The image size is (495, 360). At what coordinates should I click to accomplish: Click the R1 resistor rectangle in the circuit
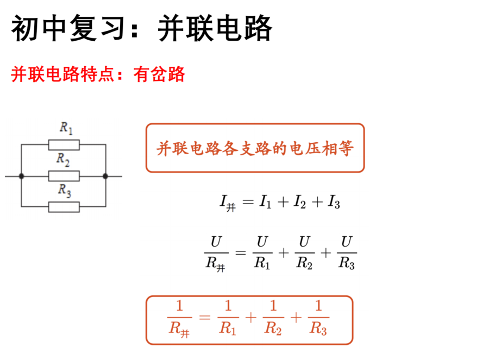[64, 145]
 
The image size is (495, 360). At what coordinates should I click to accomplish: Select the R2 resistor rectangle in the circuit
[64, 176]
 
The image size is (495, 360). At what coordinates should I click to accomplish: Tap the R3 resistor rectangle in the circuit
[64, 207]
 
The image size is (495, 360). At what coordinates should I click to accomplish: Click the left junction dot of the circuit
[22, 176]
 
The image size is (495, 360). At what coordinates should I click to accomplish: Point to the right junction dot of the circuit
[105, 176]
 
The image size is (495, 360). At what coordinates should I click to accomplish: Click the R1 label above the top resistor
[66, 128]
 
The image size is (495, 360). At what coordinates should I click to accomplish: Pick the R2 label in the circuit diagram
[63, 159]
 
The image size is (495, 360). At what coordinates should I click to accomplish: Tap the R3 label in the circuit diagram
[65, 190]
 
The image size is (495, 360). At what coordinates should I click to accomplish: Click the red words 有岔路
[159, 74]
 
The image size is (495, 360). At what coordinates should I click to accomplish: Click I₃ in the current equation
[334, 202]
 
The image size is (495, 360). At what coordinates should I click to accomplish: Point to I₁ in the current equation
[265, 202]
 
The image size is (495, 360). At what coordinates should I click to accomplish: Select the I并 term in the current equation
[228, 203]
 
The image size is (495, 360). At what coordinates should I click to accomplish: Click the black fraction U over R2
[304, 252]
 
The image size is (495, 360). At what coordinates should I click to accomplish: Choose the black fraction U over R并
[216, 254]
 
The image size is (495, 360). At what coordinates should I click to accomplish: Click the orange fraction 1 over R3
[318, 317]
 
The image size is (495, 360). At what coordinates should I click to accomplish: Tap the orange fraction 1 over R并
[179, 319]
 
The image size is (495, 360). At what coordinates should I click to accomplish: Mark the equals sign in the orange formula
[204, 318]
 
